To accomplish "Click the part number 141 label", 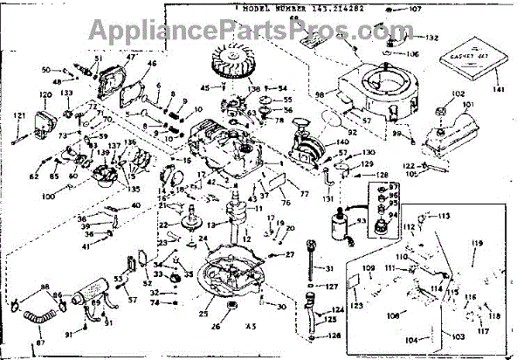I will (x=498, y=90).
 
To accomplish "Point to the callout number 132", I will (x=431, y=38).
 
